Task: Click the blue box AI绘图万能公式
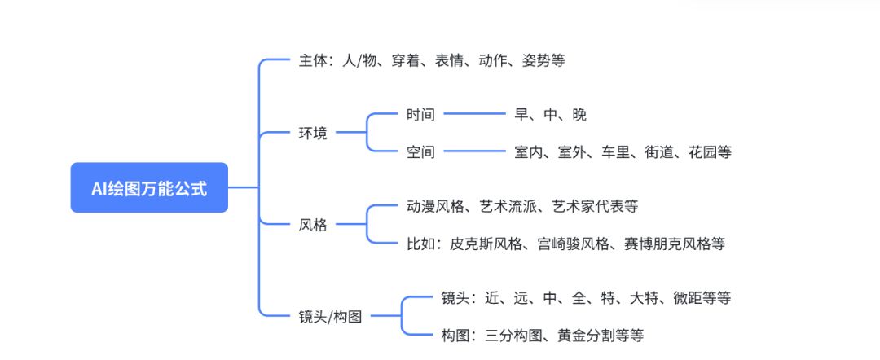pos(149,188)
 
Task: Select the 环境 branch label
pos(313,133)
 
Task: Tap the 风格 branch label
pos(313,225)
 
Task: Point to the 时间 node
pos(421,115)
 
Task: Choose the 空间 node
pos(421,151)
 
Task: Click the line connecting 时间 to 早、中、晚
pos(475,115)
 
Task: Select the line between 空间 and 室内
pos(475,151)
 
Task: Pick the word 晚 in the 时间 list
pos(579,115)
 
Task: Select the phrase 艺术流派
pos(510,207)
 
